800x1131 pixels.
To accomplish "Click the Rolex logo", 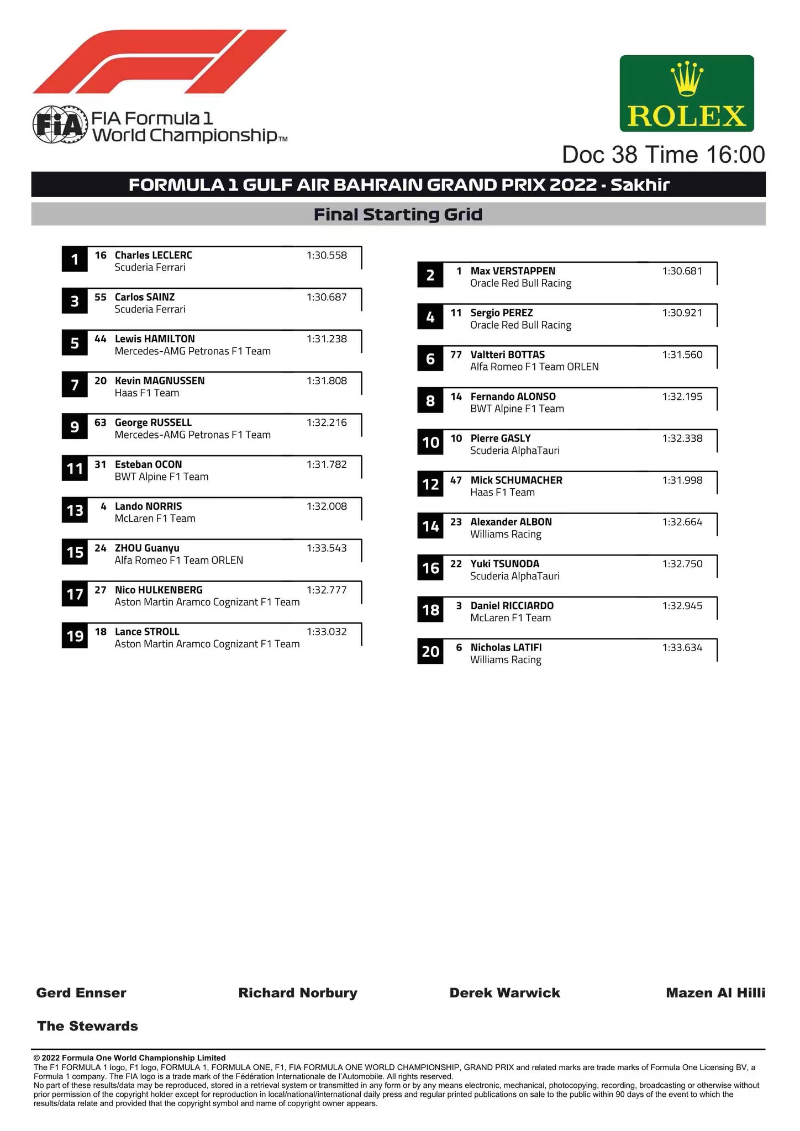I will tap(686, 93).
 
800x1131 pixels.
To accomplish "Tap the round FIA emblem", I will tap(60, 125).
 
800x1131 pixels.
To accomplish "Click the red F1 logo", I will tap(160, 61).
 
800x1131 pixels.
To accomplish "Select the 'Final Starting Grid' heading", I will tap(398, 214).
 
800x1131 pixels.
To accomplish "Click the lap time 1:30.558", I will tap(327, 255).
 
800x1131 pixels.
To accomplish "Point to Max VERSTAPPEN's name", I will tap(513, 271).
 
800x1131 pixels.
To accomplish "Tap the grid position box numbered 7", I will tap(75, 385).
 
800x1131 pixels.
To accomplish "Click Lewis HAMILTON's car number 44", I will tap(101, 339).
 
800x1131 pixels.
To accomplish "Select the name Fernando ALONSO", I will tap(513, 397).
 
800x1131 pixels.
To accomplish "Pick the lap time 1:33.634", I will tap(682, 648).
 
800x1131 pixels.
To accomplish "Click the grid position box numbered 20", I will tap(430, 652).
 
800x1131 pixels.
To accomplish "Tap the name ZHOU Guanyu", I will tap(147, 548).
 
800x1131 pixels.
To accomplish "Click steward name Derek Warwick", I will tap(504, 993).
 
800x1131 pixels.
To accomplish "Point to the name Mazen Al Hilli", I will tap(715, 993).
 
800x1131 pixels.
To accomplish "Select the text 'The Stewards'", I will tap(87, 1026).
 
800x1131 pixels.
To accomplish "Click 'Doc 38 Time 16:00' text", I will tap(663, 155).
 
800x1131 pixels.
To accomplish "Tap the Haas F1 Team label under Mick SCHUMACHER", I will tap(502, 493).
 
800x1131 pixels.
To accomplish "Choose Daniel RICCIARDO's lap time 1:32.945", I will tap(682, 606).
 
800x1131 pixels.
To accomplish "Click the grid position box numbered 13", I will tap(75, 510).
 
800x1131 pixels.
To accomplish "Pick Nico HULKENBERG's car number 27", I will tap(101, 590).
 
